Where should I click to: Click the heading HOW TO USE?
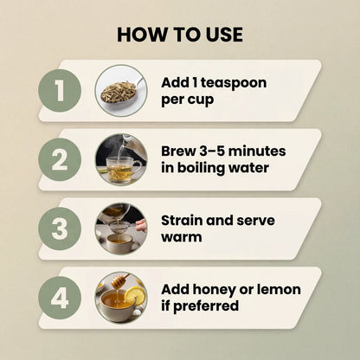click(x=180, y=35)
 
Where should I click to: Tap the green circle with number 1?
click(x=60, y=91)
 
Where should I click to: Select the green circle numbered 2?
click(x=60, y=159)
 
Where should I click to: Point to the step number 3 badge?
click(x=60, y=228)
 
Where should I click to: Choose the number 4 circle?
click(x=60, y=298)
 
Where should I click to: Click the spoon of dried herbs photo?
click(x=121, y=91)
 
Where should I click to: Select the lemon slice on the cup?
click(x=134, y=296)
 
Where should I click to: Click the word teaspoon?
click(x=234, y=83)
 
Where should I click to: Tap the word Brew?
click(x=178, y=151)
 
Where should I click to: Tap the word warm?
click(x=182, y=237)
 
